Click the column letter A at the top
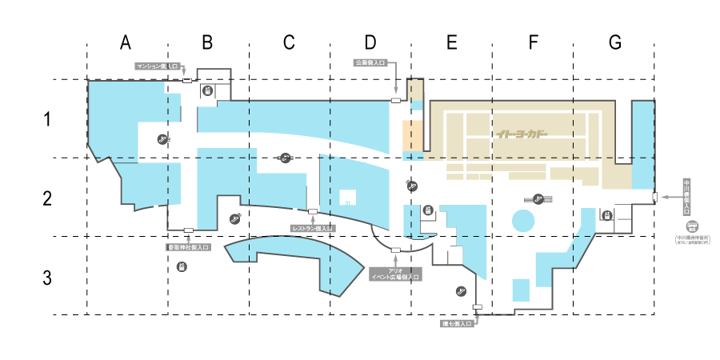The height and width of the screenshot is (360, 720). (x=126, y=42)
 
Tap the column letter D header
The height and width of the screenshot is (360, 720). (x=370, y=42)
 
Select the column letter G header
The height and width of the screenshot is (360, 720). (x=614, y=42)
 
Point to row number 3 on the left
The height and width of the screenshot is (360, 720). (x=47, y=279)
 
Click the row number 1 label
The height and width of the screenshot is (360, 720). (x=47, y=120)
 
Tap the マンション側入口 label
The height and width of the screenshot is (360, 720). (x=157, y=67)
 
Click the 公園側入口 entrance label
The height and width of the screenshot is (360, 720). (x=370, y=62)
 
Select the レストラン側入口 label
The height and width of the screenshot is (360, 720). (x=313, y=229)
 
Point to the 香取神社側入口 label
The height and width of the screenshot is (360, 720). (x=188, y=247)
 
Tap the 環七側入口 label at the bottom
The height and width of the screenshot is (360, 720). (x=459, y=325)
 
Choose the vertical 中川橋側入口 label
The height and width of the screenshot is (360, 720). (x=686, y=198)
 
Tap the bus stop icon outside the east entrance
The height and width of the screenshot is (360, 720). (x=693, y=226)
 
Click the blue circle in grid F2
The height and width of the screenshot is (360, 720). (x=523, y=221)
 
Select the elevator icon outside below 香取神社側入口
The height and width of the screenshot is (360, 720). (x=182, y=266)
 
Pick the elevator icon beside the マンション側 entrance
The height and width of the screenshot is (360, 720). (x=207, y=91)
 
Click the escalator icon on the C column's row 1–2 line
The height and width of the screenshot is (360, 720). (x=286, y=158)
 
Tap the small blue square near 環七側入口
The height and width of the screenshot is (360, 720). (x=521, y=290)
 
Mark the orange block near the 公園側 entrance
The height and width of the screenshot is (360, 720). (x=411, y=136)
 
